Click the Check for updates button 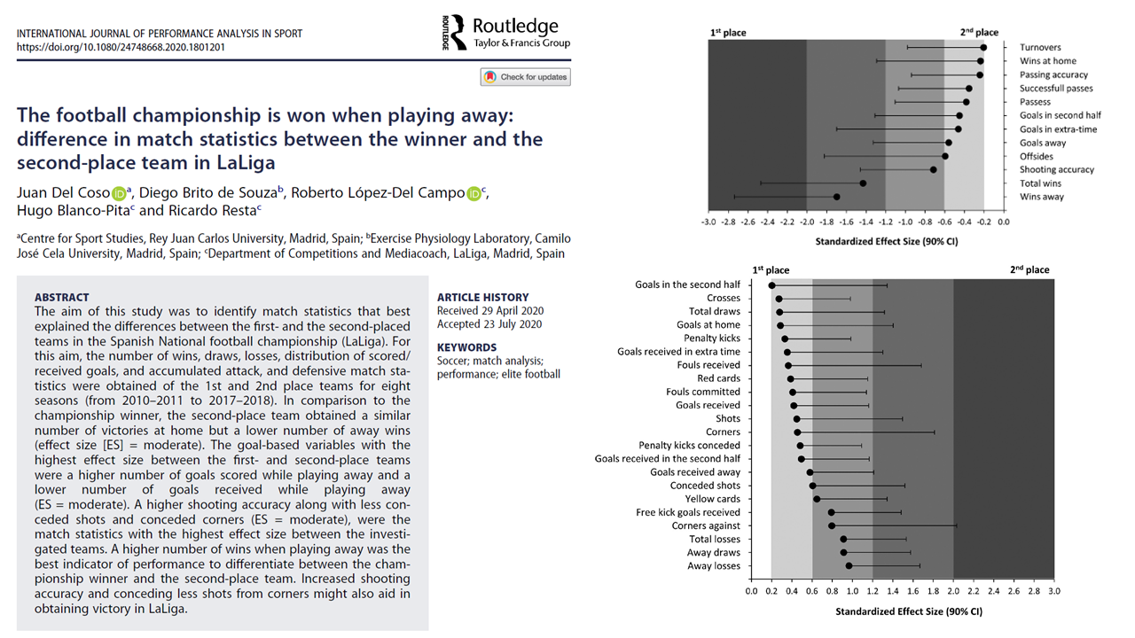tap(526, 77)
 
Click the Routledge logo tap(506, 33)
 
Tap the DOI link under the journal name tap(121, 47)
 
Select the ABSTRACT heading tap(62, 297)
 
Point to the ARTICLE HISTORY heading tap(483, 297)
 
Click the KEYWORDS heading tap(466, 347)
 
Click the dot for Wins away tap(836, 197)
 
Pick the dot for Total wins tap(863, 183)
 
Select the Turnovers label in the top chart tap(1040, 48)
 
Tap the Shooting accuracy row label tap(1057, 169)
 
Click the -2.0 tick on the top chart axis tap(807, 222)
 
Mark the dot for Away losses tap(849, 566)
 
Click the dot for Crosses tap(779, 299)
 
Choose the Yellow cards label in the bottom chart tap(712, 499)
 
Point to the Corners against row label tap(706, 525)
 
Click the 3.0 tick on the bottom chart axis tap(1054, 591)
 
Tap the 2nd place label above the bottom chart tap(1029, 269)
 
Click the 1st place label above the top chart tap(728, 33)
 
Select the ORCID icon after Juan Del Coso tap(119, 194)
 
